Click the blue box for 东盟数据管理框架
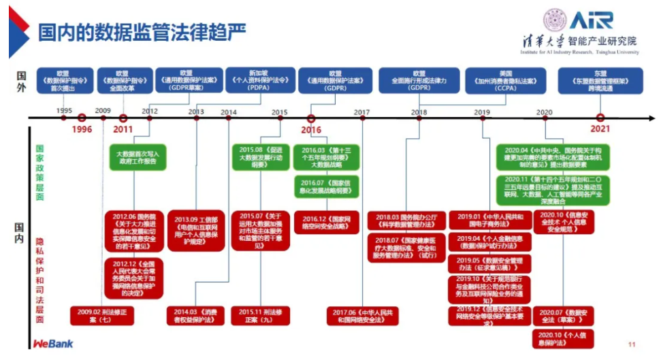(600, 80)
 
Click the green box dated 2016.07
(323, 187)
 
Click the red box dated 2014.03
(195, 315)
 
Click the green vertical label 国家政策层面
(40, 173)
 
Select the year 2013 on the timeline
(196, 111)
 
